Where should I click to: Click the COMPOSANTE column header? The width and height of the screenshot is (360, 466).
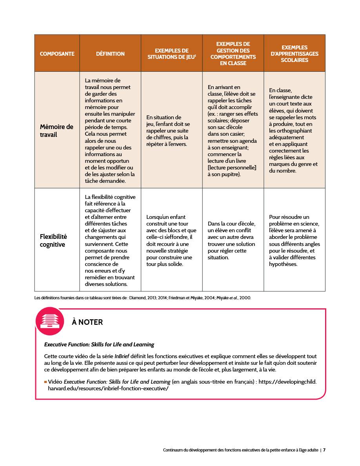click(57, 54)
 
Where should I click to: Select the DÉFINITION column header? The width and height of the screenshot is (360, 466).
click(110, 54)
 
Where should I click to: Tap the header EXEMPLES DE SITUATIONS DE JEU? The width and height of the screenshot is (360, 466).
click(172, 54)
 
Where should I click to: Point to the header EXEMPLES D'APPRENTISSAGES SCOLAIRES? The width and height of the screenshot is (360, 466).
click(295, 54)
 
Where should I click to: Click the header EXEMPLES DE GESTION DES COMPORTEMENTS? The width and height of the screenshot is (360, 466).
click(233, 54)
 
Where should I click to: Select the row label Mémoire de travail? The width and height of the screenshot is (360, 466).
click(56, 131)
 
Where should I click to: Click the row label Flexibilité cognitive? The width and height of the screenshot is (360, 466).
click(53, 240)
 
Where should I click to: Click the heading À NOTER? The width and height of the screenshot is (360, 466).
click(87, 322)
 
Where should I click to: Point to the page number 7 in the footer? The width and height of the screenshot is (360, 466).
click(324, 450)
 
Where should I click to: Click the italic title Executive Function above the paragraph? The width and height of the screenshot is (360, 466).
click(99, 345)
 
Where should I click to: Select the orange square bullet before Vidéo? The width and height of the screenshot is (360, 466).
click(45, 382)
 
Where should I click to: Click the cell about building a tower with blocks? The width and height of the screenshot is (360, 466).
click(171, 240)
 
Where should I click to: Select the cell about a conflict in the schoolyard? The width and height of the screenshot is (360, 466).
click(233, 240)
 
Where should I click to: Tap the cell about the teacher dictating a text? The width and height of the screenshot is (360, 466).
click(294, 131)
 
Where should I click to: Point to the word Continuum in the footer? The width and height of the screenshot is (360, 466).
click(173, 450)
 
